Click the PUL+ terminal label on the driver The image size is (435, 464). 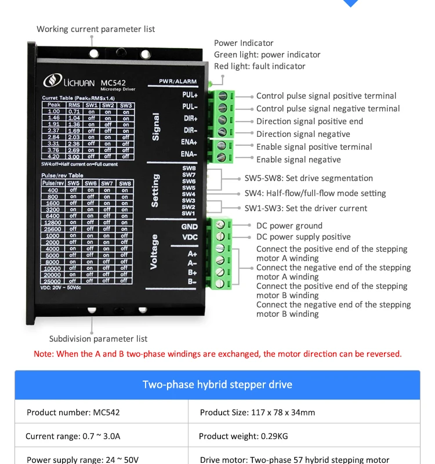click(190, 95)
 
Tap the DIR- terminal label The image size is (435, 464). click(190, 130)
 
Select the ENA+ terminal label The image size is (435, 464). click(189, 142)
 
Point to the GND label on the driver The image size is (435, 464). click(190, 227)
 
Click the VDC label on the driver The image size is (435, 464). click(190, 237)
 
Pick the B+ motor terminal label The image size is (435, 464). click(192, 272)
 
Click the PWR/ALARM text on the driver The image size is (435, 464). click(177, 82)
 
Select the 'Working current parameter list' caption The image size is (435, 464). click(96, 29)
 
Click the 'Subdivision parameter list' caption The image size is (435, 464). click(98, 339)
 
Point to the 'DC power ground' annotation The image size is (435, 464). click(289, 226)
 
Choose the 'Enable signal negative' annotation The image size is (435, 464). click(299, 159)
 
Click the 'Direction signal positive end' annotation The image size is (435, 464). click(310, 121)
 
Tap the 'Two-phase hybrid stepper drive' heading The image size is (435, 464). click(217, 385)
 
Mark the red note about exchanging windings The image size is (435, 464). click(217, 354)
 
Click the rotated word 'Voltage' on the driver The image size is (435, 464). click(154, 252)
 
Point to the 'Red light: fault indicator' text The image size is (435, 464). click(260, 66)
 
